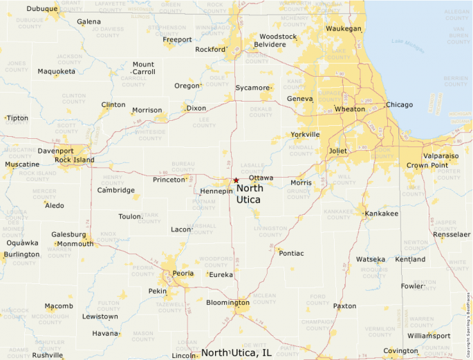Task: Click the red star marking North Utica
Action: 236,180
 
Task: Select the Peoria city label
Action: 183,274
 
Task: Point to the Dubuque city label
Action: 42,9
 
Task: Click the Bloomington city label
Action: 228,303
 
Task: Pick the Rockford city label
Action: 210,50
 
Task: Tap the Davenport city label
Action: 55,151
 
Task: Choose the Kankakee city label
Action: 382,214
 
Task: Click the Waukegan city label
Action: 344,29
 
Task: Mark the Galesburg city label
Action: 68,234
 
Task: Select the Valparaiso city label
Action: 440,156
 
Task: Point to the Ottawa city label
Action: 261,178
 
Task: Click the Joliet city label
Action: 337,151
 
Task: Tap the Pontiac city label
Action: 291,254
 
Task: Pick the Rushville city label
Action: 47,355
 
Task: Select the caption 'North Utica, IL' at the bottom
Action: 236,353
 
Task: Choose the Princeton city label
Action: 169,180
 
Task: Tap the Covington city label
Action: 401,351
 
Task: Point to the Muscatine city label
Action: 22,164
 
